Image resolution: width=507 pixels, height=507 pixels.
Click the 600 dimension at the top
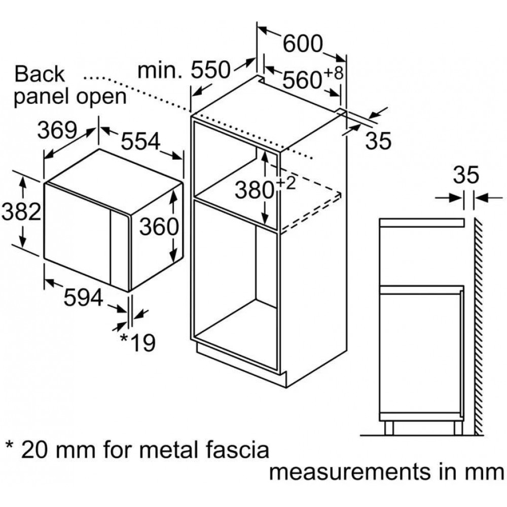[x=303, y=45]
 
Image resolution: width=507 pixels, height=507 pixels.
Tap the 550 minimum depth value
[x=210, y=70]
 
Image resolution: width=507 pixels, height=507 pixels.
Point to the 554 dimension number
[x=140, y=141]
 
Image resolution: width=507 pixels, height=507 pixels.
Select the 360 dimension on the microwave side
[x=159, y=227]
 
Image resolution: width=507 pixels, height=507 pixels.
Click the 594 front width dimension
[x=84, y=298]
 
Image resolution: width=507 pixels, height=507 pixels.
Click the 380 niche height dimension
[x=253, y=191]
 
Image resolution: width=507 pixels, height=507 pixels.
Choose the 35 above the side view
[x=465, y=175]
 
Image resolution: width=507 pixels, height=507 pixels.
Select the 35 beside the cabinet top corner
[x=378, y=141]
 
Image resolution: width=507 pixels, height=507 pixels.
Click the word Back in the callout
[x=40, y=74]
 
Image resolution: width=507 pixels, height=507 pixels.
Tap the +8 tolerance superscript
[x=334, y=73]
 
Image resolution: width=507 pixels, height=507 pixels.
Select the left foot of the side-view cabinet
[x=389, y=427]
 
